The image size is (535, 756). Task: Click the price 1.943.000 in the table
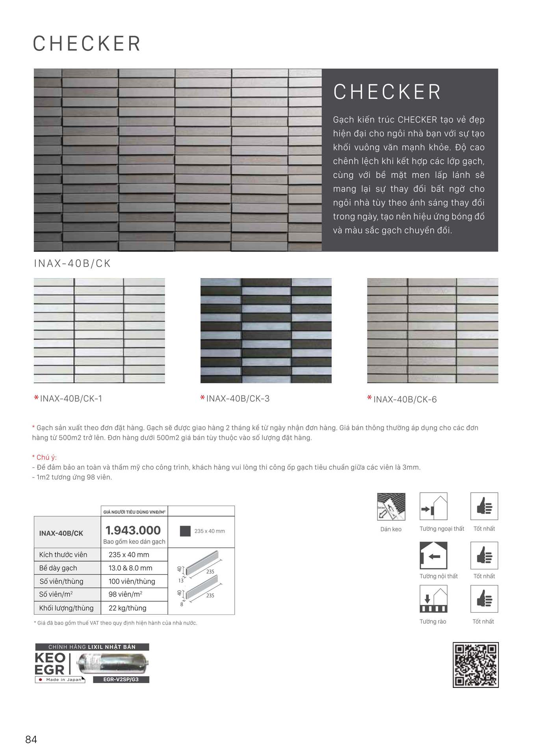[x=133, y=530]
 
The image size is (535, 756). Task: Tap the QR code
[x=476, y=665]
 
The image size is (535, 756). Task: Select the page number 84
[x=31, y=739]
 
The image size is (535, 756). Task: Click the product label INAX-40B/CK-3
[x=238, y=398]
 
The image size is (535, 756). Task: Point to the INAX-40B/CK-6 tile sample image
[x=433, y=330]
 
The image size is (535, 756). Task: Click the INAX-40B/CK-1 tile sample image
[x=99, y=330]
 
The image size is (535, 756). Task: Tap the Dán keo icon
[x=391, y=507]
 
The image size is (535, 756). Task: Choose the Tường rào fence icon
[x=433, y=599]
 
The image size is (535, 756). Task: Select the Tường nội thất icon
[x=433, y=555]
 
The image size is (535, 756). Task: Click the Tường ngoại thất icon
[x=433, y=506]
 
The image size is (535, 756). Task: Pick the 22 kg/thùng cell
[x=127, y=608]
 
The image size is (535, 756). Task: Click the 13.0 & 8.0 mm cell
[x=130, y=568]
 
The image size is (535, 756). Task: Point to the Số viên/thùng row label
[x=61, y=581]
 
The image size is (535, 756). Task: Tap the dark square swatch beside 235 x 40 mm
[x=185, y=531]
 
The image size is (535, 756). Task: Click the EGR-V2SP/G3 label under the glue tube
[x=121, y=679]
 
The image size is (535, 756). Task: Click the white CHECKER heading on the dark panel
[x=387, y=92]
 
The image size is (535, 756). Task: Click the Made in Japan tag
[x=60, y=680]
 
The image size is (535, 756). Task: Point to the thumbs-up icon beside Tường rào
[x=484, y=599]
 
